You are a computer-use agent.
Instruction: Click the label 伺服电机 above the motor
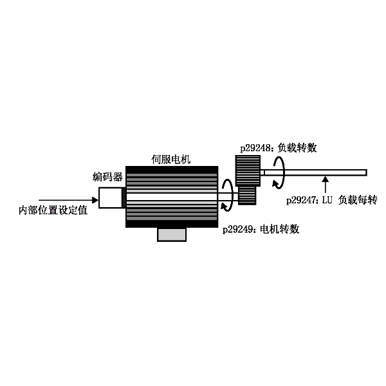coord(171,160)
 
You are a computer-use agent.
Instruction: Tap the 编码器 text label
coord(107,177)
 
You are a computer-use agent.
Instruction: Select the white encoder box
coord(110,198)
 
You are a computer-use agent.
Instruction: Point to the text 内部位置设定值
coord(53,210)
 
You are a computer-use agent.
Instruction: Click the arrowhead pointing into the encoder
coord(95,200)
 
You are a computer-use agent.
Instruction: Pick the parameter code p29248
coord(255,148)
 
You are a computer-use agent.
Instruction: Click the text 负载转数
coord(297,148)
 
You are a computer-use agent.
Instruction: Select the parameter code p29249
coord(238,230)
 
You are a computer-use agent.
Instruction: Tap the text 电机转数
coord(280,230)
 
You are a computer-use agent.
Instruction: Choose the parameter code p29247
coord(301,200)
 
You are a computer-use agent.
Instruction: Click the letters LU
coord(327,200)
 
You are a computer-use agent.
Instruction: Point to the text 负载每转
coord(358,200)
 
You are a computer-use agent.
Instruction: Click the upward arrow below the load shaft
coord(326,185)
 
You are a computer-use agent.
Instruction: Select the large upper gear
coord(248,170)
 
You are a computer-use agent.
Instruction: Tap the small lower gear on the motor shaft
coord(247,196)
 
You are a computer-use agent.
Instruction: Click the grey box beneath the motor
coord(172,235)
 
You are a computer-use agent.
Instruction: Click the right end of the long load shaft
coord(367,172)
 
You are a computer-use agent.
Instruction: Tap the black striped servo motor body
coord(172,197)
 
